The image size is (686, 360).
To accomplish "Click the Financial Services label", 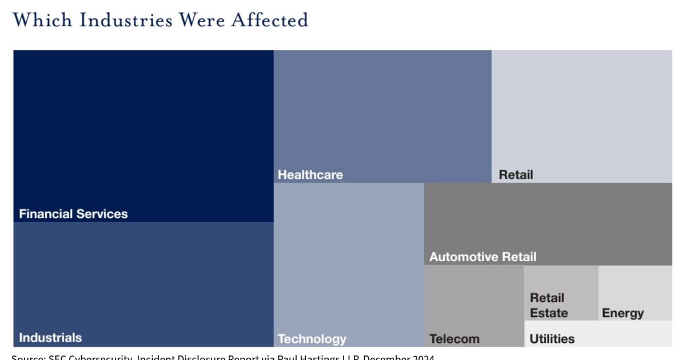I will click(73, 214).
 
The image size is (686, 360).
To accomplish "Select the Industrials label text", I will click(50, 337).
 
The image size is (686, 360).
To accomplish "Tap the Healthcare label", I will click(310, 175).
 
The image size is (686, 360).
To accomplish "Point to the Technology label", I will click(312, 339).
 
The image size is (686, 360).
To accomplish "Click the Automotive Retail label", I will click(482, 257).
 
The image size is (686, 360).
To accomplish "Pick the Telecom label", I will click(454, 339).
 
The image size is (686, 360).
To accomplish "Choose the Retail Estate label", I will click(548, 305).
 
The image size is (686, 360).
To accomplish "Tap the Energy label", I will click(623, 313).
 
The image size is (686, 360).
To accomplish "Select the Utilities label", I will click(552, 339).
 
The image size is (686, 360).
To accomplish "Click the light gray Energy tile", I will click(635, 286).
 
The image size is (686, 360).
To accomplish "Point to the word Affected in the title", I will click(269, 20).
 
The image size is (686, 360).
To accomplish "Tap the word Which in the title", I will click(43, 20).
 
